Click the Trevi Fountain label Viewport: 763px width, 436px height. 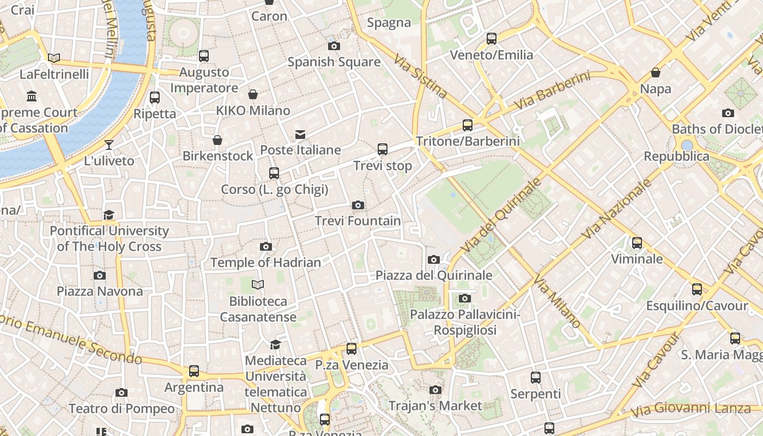(358, 221)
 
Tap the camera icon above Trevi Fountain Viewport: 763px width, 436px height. (358, 205)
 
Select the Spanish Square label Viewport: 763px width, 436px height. (334, 62)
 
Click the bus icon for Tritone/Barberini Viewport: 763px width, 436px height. (468, 125)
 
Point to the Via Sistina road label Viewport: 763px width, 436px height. (420, 76)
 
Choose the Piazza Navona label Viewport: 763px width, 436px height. (100, 291)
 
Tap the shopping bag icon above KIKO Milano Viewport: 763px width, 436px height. (253, 95)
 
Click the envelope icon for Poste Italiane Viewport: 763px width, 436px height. (300, 135)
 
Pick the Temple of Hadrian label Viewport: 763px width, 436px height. (265, 263)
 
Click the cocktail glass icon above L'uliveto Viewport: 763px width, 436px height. (109, 145)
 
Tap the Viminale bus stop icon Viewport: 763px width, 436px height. (637, 243)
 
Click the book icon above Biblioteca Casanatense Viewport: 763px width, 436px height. (258, 284)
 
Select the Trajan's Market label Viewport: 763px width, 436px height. (435, 405)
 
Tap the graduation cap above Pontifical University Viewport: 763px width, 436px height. (109, 215)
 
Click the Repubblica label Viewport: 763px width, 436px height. (676, 156)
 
